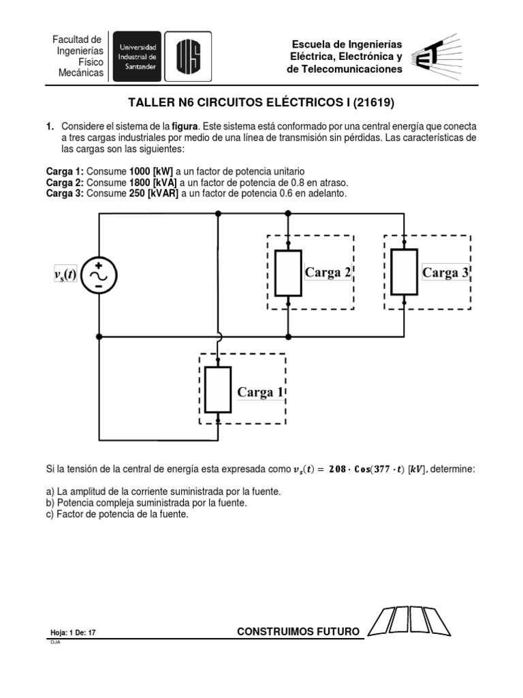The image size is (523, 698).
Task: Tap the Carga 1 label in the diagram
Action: (259, 392)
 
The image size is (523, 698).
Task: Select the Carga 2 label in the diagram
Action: (328, 273)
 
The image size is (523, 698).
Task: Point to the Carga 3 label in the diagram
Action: (445, 273)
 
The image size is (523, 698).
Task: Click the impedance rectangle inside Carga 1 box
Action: (218, 389)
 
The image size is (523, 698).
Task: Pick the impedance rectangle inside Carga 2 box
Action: (288, 273)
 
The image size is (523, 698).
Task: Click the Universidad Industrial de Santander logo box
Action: (137, 56)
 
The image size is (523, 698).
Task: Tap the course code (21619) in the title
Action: (373, 104)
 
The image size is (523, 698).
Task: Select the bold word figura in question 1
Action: (185, 127)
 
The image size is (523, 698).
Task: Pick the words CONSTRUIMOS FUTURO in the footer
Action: (298, 632)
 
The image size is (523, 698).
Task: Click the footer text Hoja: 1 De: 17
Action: (73, 633)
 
